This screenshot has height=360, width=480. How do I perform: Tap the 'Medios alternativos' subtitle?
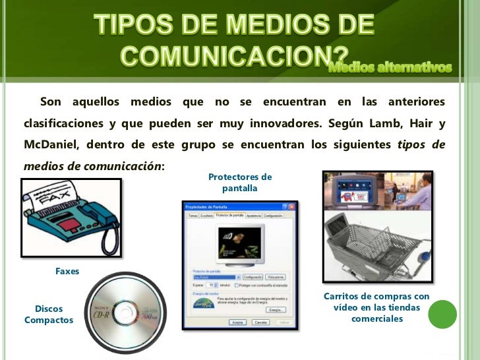tap(390, 68)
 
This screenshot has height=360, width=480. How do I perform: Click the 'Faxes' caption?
tap(67, 271)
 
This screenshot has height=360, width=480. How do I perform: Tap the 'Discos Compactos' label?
tap(49, 314)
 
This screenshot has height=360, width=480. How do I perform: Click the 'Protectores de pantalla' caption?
tap(240, 183)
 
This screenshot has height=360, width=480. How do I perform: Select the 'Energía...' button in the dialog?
tap(276, 309)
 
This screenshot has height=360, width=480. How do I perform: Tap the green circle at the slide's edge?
tap(442, 315)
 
